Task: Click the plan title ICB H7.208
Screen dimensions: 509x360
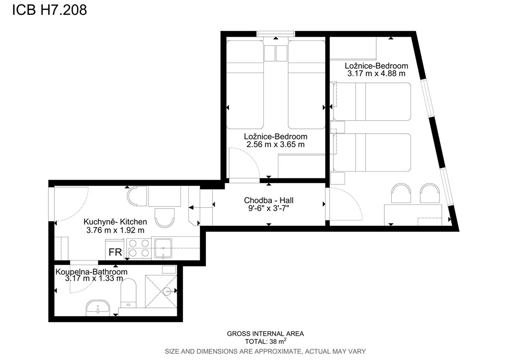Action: point(50,10)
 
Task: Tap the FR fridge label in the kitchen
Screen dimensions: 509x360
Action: point(115,252)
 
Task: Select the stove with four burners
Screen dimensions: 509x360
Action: point(139,248)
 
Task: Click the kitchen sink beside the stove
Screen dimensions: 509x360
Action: point(163,248)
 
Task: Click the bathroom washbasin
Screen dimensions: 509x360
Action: point(98,307)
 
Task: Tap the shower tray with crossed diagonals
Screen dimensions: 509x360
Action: point(161,291)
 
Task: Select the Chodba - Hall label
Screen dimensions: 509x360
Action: point(269,200)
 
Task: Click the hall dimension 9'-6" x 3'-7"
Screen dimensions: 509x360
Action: point(269,208)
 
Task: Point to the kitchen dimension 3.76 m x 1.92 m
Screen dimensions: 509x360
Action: point(115,230)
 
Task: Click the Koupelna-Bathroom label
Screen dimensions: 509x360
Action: point(91,271)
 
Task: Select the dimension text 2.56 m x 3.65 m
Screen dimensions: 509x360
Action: point(275,145)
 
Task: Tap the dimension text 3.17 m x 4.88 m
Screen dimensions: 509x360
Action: point(376,74)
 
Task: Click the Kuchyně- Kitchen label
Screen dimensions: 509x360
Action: point(115,222)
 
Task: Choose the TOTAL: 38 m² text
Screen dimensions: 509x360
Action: point(266,341)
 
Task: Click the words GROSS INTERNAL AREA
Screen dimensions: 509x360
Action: point(265,333)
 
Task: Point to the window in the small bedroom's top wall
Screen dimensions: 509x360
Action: point(275,34)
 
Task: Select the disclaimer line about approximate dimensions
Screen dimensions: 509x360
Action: point(265,351)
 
